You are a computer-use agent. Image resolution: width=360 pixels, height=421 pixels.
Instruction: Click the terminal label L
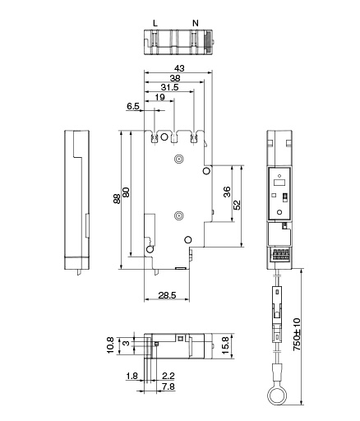coord(155,23)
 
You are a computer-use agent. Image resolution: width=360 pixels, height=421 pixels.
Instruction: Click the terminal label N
coord(196,23)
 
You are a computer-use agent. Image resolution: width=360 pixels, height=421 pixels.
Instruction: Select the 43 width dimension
coord(179,68)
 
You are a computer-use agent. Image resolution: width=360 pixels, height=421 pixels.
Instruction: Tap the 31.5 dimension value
coord(169,87)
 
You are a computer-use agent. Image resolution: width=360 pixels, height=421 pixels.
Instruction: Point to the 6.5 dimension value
coord(133,106)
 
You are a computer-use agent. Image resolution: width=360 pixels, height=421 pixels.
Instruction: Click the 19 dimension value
coord(160,97)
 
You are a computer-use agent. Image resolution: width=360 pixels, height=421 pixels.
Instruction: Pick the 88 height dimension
coord(117,199)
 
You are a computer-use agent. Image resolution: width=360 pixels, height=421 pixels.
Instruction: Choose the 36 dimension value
coord(227,192)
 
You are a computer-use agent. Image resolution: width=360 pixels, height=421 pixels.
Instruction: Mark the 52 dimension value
coord(238,205)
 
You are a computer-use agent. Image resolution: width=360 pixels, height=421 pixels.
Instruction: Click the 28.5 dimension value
coord(167,295)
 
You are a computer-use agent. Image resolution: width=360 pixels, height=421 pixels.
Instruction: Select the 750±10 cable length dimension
coord(297,335)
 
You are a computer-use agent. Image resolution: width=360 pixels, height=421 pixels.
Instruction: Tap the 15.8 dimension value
coord(225,346)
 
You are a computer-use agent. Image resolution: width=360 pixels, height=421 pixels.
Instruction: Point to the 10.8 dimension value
coord(110,345)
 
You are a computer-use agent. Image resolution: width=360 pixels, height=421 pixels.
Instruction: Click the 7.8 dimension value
coord(168,386)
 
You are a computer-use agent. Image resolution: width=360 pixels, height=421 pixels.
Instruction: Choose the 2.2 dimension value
coord(168,376)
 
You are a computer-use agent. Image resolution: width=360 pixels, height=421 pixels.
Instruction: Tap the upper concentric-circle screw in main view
coord(178,159)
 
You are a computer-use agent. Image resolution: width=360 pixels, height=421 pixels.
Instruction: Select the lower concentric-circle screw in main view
coord(178,216)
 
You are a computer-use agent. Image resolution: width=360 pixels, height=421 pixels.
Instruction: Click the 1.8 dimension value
coord(132,376)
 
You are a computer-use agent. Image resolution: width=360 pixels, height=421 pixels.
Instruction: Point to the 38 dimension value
coord(175,78)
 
